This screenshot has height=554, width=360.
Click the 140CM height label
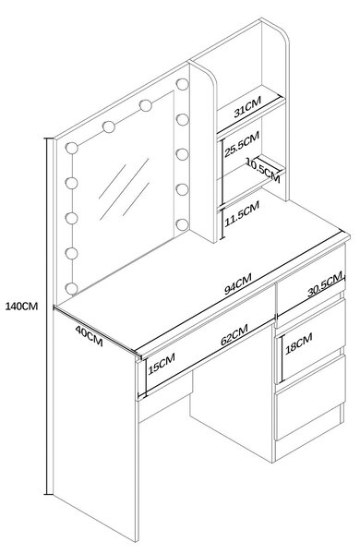coord(21,306)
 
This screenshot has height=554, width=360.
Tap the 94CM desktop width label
coord(238,283)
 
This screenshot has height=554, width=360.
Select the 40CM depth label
coord(89,336)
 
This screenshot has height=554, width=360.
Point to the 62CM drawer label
coord(234,334)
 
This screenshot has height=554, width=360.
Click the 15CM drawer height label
coord(162,364)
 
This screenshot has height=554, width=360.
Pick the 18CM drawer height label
coord(299,343)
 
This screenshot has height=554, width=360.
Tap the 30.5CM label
coord(325,283)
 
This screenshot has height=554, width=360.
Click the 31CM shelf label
coord(247,107)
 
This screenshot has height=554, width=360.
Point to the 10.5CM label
coord(263,171)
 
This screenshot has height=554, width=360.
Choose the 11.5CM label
coord(243,214)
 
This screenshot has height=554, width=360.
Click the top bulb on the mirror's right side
coord(182,84)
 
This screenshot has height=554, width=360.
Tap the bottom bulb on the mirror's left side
coord(72,288)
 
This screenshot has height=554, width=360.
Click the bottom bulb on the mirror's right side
coord(182,224)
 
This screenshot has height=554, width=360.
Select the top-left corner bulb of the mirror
coord(72,148)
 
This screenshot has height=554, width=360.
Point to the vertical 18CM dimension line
coord(282,359)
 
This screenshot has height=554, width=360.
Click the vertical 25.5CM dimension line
coord(222,172)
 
